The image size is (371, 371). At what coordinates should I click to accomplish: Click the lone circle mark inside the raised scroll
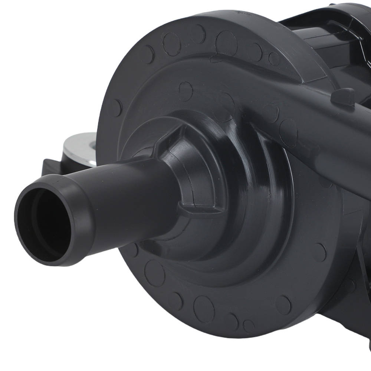click(185, 89)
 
